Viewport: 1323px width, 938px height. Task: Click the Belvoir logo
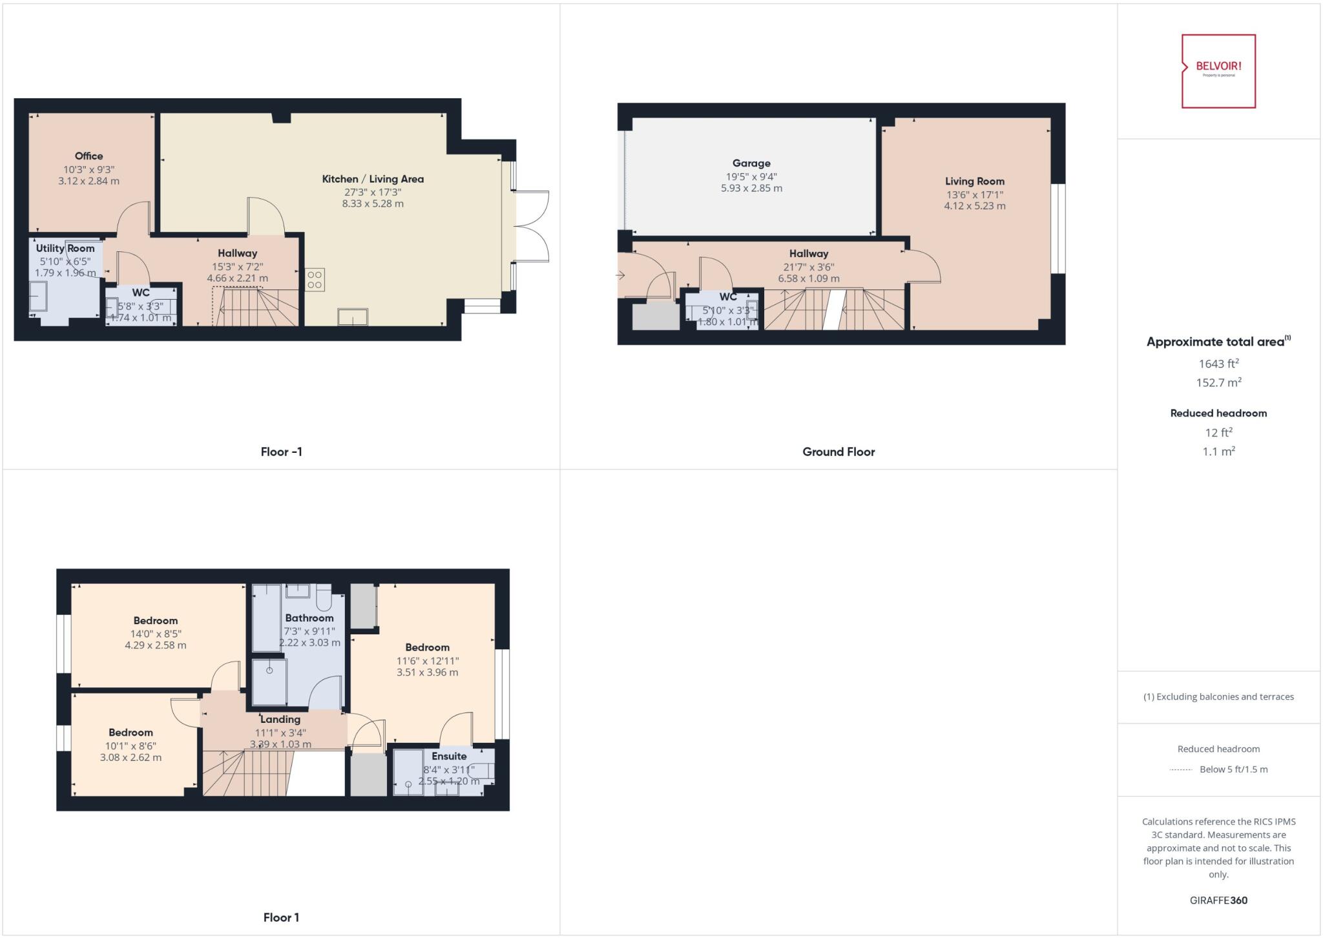pos(1218,70)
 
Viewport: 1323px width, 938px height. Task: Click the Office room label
pos(89,156)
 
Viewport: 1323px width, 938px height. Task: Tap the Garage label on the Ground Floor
pos(751,163)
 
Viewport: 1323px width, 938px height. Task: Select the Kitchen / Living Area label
pos(373,179)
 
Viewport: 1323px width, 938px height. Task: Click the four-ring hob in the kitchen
pos(315,280)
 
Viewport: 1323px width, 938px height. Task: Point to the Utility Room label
pos(65,248)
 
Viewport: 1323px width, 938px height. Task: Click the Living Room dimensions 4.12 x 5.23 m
pos(974,206)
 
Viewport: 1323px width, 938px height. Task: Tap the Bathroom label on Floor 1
pos(309,618)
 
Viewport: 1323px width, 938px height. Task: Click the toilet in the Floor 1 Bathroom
pos(324,599)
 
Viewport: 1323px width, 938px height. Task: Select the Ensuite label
pos(449,756)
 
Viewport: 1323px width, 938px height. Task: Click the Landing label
pos(280,719)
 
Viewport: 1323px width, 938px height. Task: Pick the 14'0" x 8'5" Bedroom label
pos(156,621)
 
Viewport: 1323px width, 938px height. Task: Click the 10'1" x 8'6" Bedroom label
pos(130,733)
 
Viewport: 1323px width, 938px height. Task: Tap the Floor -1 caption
pos(281,452)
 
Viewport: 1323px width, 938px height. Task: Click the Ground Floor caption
pos(839,452)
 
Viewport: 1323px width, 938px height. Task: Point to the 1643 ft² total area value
pos(1218,364)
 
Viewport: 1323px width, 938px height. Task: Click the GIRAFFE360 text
pos(1218,900)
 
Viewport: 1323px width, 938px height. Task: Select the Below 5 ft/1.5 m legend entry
pos(1233,769)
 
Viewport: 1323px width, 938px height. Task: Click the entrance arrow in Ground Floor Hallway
pos(621,276)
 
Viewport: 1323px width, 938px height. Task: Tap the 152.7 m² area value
pos(1218,382)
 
